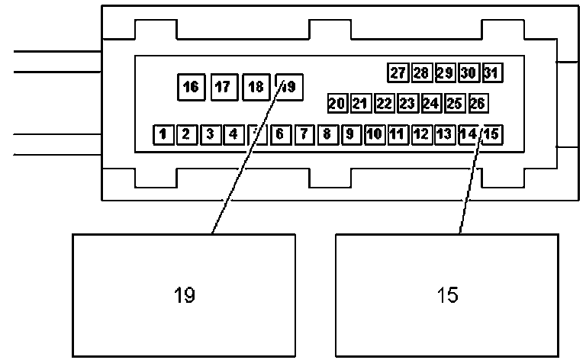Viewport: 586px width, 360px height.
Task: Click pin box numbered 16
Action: [x=191, y=87]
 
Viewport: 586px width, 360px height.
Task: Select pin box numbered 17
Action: [x=223, y=87]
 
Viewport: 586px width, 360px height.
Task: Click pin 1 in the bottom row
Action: [x=163, y=135]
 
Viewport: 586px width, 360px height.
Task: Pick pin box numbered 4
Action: [x=233, y=135]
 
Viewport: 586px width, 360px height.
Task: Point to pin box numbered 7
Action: [x=303, y=135]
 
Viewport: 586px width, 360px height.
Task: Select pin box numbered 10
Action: [x=374, y=135]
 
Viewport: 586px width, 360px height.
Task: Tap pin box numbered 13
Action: [x=444, y=135]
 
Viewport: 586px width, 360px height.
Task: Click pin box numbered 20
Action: [x=337, y=103]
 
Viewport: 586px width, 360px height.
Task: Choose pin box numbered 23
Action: [x=407, y=103]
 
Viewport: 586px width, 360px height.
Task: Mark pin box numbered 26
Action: [x=478, y=103]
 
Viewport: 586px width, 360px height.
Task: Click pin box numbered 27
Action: [x=398, y=73]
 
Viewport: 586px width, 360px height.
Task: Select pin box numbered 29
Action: [x=445, y=73]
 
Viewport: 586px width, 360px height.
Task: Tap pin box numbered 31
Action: [x=491, y=73]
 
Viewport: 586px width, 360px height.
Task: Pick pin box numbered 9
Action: [x=350, y=135]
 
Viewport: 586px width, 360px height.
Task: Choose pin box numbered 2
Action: [x=186, y=135]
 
